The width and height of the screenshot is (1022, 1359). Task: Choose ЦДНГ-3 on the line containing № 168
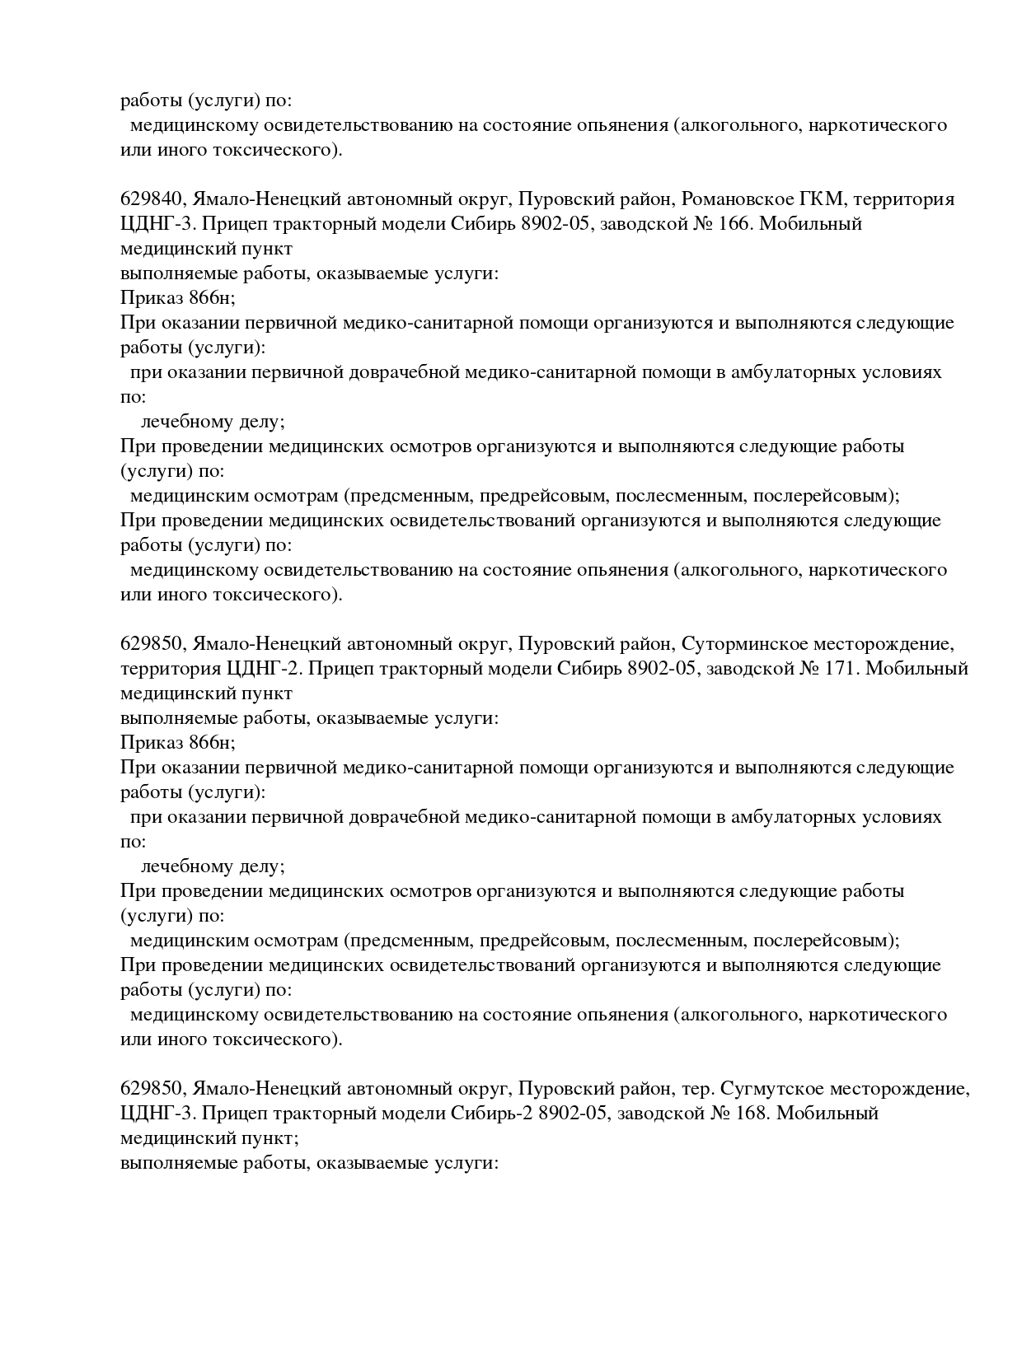(155, 1114)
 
